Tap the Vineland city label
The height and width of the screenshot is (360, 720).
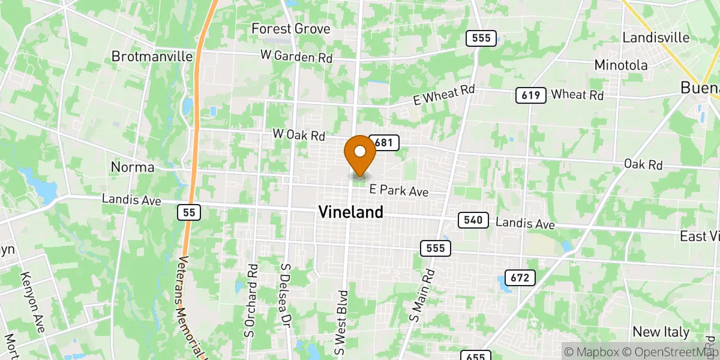350,212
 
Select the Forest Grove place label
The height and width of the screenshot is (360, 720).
291,29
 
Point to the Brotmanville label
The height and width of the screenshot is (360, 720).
152,56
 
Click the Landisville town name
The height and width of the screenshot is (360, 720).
656,37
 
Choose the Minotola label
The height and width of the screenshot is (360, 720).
621,65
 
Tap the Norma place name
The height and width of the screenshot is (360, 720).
133,167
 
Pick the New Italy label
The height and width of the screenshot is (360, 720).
661,332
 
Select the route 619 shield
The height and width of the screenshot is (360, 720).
530,95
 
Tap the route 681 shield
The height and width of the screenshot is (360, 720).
385,142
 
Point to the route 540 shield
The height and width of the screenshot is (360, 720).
473,220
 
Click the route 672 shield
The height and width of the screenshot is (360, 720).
520,277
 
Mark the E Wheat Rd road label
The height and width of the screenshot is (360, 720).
444,95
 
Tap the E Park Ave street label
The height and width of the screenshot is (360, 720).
398,191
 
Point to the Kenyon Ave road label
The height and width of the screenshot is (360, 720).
32,302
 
